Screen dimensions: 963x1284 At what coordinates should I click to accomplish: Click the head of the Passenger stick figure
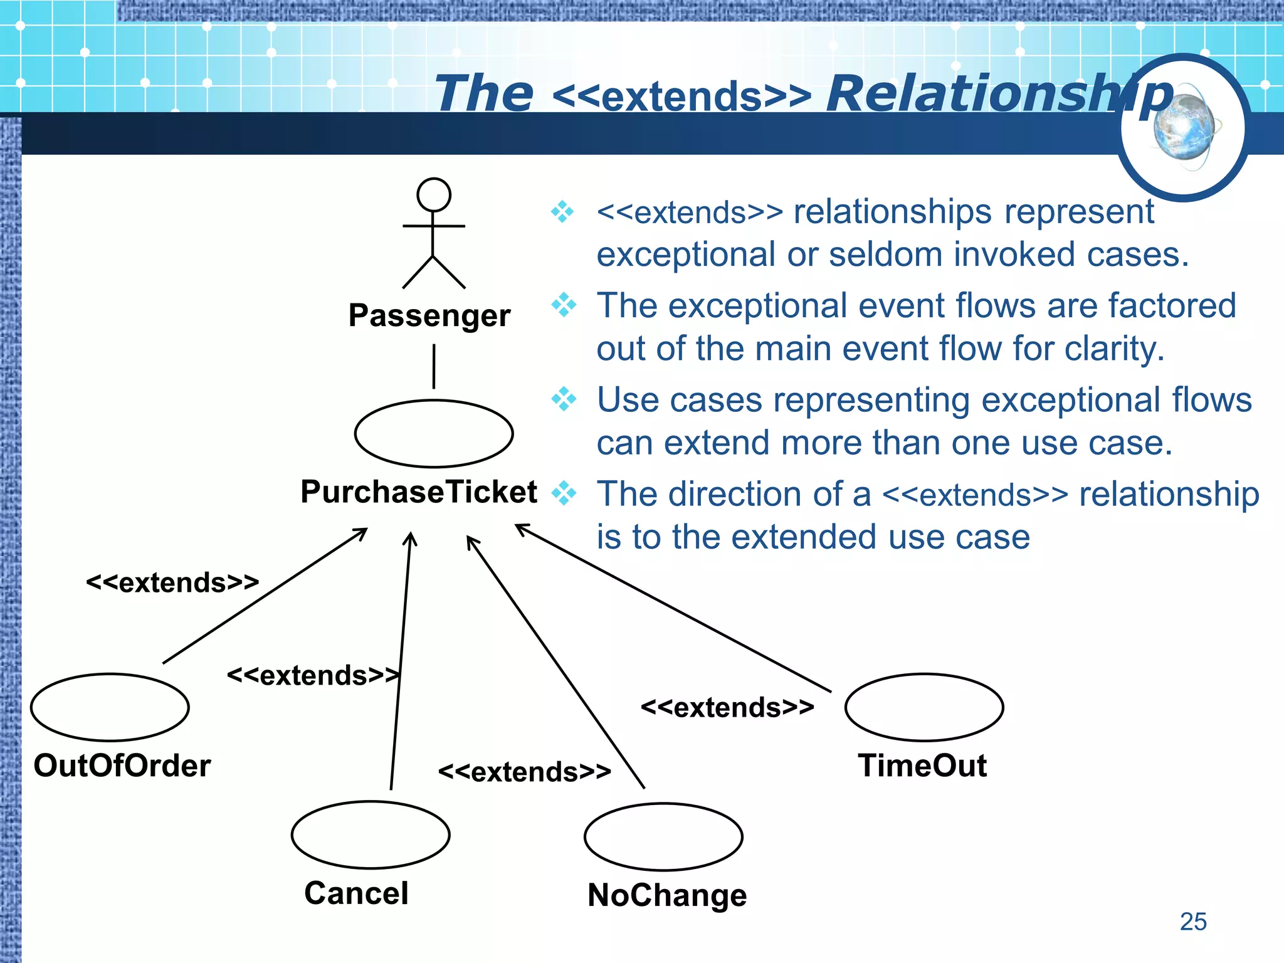tap(433, 195)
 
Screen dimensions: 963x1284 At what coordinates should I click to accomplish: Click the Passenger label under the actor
tap(429, 315)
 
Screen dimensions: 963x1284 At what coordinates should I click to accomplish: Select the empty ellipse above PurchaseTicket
tap(433, 434)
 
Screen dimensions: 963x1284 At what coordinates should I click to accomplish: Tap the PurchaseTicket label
tap(418, 492)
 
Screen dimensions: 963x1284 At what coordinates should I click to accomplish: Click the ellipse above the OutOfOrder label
tap(110, 707)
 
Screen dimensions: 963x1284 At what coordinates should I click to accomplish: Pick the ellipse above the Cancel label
tap(371, 835)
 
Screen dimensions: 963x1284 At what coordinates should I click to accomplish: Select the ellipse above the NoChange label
tap(663, 837)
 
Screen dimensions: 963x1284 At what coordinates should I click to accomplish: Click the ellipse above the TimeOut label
tap(924, 707)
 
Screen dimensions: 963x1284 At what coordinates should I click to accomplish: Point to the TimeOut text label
tap(922, 766)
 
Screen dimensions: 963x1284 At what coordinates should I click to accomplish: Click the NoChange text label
tap(667, 895)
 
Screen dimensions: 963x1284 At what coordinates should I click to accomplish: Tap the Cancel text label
tap(356, 893)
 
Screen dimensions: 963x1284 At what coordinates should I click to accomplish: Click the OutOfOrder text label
tap(122, 766)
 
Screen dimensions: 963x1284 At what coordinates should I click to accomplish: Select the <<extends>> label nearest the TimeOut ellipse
tap(727, 708)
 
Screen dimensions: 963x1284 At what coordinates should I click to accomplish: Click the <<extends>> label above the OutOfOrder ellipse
tap(172, 583)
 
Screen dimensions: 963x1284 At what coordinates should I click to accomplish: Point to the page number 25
tap(1192, 922)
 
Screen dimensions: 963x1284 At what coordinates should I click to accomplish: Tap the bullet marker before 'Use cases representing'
tap(564, 399)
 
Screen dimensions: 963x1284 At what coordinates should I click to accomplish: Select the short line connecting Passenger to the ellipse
tap(433, 366)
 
